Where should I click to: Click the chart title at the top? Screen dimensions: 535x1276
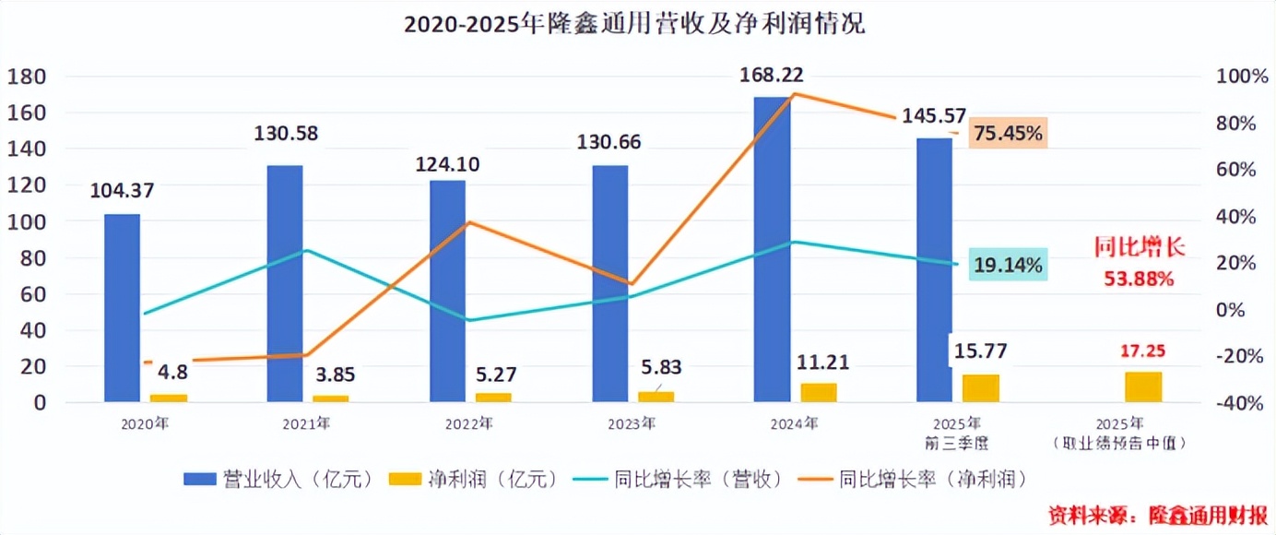tap(635, 25)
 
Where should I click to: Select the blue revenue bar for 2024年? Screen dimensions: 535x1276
tap(772, 249)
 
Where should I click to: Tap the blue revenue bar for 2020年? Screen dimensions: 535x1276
tap(122, 308)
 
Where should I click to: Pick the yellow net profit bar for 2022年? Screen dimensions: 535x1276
tap(493, 397)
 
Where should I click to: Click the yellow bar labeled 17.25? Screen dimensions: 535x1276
tap(1143, 386)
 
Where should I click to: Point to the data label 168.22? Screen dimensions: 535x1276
tap(772, 75)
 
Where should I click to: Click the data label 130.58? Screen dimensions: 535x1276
tap(286, 134)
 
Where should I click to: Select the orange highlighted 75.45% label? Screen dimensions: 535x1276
tap(1009, 134)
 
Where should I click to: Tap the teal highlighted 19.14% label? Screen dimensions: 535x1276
tap(1009, 266)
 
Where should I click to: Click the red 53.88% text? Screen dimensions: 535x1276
tap(1139, 278)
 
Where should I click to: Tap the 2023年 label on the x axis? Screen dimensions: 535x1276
tap(632, 424)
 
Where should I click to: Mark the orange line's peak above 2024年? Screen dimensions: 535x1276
tap(795, 93)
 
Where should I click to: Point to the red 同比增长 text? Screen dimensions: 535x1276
tap(1139, 247)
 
